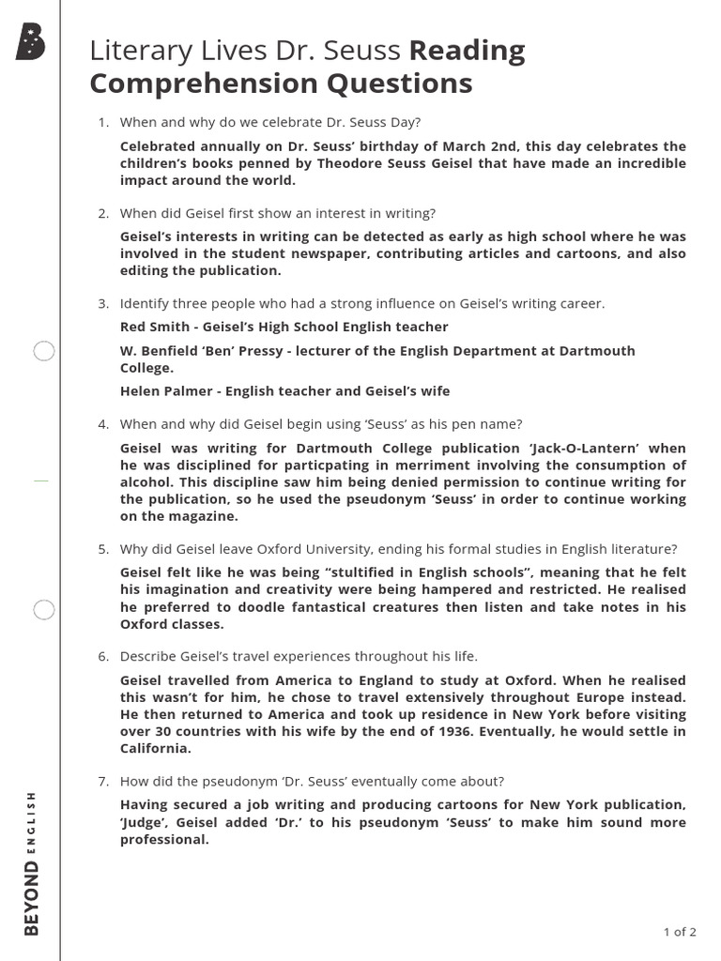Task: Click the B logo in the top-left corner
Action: pyautogui.click(x=30, y=43)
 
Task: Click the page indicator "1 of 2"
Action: pyautogui.click(x=680, y=932)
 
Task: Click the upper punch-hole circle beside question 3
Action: pyautogui.click(x=44, y=352)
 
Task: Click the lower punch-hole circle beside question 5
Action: pyautogui.click(x=44, y=610)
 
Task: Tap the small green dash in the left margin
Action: pyautogui.click(x=40, y=480)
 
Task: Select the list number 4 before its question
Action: pyautogui.click(x=103, y=424)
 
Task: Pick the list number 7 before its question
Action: pyautogui.click(x=103, y=781)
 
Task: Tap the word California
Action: pyautogui.click(x=155, y=748)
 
